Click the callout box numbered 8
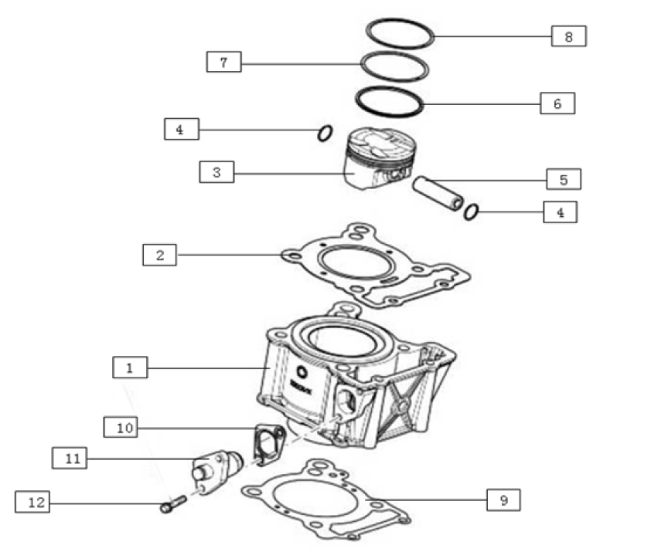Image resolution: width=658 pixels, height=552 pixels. (568, 36)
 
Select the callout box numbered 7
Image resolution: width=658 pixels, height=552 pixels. (223, 62)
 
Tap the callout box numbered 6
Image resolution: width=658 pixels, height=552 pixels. (557, 103)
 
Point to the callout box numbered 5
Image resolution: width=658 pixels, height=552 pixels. (564, 179)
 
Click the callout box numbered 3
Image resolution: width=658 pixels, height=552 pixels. (216, 172)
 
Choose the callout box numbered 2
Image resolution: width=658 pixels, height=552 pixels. (159, 254)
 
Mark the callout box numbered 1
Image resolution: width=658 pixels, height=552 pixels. (130, 367)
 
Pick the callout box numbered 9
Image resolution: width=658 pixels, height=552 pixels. (503, 500)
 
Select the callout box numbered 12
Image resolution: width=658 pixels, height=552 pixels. (32, 503)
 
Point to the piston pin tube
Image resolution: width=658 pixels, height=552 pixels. (437, 193)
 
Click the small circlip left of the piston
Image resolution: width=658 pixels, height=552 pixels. (325, 134)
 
